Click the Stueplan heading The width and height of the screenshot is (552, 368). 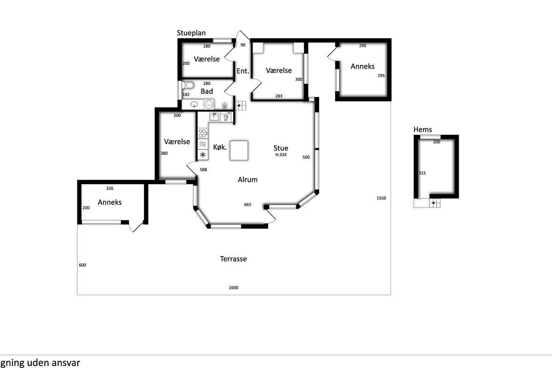coord(191,33)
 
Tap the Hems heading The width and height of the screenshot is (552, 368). coord(423,130)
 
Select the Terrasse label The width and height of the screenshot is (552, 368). coord(233,259)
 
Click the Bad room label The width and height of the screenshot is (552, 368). coord(207,91)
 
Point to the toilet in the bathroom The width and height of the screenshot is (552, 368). coord(188,85)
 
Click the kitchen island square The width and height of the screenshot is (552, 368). coord(239,150)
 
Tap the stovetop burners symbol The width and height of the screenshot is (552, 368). coord(202,133)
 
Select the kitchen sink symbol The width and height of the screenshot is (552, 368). coord(214,116)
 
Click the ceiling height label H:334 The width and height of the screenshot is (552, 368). coord(281,155)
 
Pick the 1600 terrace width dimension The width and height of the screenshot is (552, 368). coord(233,287)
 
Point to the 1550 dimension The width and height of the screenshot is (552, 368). coord(381,198)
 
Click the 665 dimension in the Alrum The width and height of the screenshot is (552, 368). coord(247,204)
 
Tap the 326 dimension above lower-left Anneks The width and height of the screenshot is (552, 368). coord(109,188)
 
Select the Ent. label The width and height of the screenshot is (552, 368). coord(243,71)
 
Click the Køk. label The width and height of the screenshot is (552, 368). coord(220,147)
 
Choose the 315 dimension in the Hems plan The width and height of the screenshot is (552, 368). coord(422,173)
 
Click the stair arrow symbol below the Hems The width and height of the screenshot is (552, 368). coord(435,203)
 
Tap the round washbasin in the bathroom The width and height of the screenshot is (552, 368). coord(195,104)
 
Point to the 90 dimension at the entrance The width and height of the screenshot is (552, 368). coord(243,45)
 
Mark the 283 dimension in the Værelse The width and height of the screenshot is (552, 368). coord(279,96)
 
